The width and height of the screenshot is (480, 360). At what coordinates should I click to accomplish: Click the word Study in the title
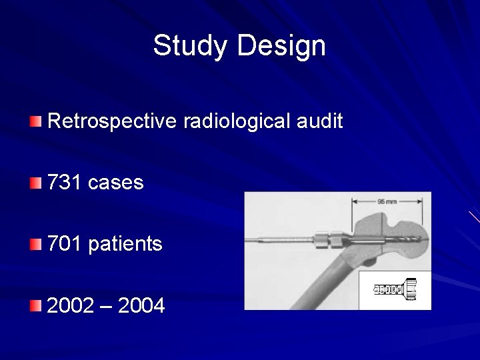point(191,46)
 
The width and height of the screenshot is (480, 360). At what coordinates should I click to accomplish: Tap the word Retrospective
point(111,121)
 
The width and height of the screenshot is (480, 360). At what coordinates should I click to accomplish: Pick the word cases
point(115,182)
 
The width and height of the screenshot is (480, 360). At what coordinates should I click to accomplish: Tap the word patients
point(125,244)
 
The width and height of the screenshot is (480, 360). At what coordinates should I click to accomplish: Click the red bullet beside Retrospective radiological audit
point(35,121)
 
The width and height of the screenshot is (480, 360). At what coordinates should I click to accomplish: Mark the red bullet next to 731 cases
point(35,183)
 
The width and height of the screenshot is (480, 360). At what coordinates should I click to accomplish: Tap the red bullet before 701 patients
point(35,245)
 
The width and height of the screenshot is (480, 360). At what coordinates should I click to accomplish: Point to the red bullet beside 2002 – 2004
point(35,306)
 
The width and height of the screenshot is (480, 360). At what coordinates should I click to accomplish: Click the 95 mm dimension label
point(387,201)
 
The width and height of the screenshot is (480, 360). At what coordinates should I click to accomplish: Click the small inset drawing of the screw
point(395,290)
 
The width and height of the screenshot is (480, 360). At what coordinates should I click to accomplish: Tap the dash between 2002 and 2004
point(106,307)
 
